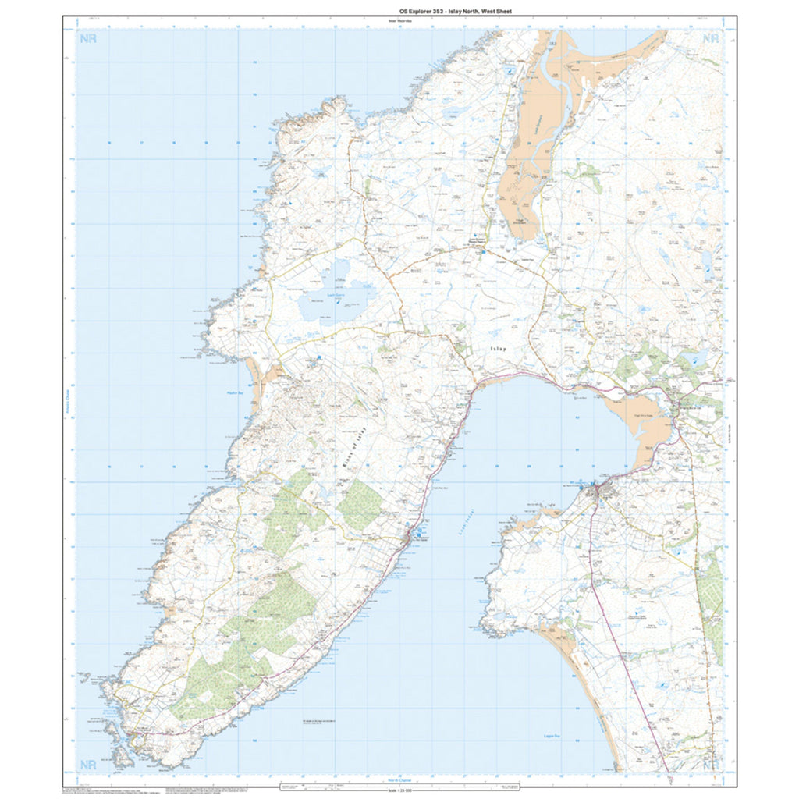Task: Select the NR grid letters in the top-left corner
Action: point(88,38)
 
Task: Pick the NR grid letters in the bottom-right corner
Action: point(710,765)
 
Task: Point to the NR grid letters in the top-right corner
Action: point(710,38)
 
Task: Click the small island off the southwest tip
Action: point(120,755)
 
